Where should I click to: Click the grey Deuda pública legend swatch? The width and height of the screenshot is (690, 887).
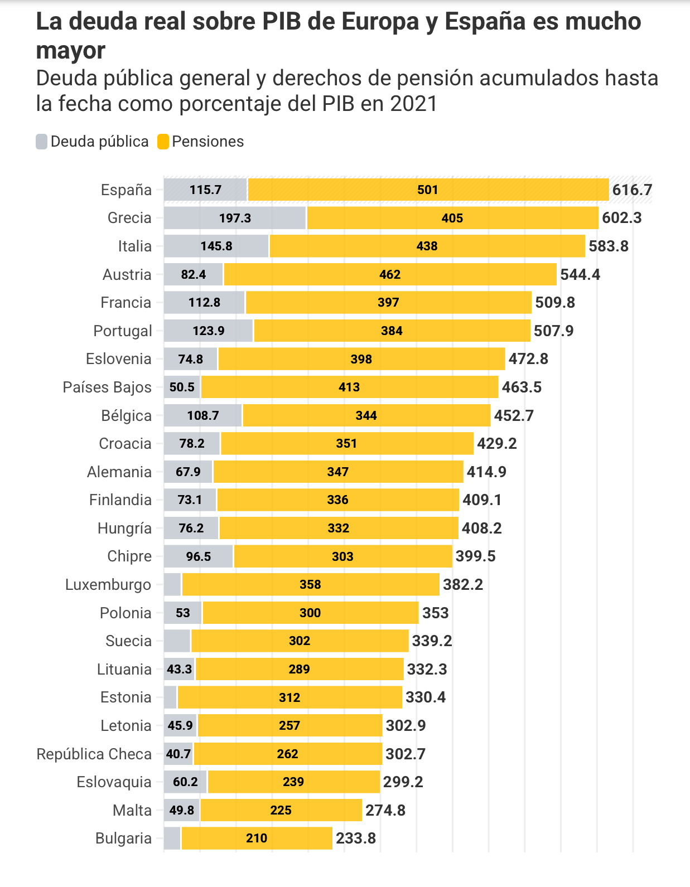pos(42,142)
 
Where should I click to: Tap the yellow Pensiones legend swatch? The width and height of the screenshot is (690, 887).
pos(163,142)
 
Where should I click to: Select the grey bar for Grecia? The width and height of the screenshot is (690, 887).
pos(235,218)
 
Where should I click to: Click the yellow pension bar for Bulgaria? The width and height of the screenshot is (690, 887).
pos(257,838)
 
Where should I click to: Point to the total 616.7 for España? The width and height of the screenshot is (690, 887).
pos(632,190)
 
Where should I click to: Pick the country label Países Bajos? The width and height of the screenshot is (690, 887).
pos(107,387)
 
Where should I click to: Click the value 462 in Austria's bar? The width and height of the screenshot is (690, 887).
pos(390,274)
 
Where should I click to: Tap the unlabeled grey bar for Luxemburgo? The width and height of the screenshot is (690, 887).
pos(172,584)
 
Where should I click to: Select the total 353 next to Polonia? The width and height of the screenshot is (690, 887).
pos(435,613)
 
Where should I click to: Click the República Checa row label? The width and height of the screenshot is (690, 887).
pos(94,754)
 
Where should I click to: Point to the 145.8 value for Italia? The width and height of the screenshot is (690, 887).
pos(216,246)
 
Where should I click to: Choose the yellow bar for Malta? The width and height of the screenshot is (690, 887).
pos(281,810)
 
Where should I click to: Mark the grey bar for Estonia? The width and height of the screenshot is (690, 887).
pos(170,697)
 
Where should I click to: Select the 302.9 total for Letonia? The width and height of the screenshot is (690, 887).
pos(406,725)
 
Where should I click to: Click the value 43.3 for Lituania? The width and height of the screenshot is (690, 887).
pos(179,669)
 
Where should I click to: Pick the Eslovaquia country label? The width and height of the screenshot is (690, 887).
pos(114,782)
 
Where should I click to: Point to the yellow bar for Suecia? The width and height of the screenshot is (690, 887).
pos(300,641)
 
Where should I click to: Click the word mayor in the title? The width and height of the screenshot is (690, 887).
pos(70,51)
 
